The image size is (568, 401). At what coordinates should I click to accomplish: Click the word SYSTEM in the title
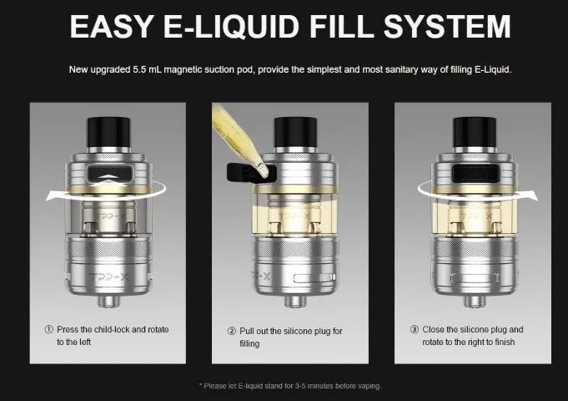coord(447,27)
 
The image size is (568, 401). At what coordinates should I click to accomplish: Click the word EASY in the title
coord(111,27)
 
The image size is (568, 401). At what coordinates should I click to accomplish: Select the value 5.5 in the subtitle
coord(139,69)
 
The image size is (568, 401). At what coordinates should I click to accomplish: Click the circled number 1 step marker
coord(49,329)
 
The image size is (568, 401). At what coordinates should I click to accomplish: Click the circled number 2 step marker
coord(232,331)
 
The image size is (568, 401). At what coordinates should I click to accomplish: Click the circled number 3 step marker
coord(415,329)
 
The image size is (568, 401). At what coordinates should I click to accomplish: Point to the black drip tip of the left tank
coord(108,133)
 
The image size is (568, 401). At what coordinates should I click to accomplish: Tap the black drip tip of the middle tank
coord(295,133)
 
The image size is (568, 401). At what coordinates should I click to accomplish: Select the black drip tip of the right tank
coord(475,133)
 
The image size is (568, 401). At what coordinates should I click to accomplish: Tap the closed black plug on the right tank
coord(475,173)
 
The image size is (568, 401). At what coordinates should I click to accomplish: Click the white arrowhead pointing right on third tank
coord(532,196)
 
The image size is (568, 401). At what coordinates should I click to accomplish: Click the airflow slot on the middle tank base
coord(314,278)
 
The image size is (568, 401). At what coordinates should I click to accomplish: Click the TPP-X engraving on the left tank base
coord(108,277)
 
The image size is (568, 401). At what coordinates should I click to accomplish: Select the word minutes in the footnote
coord(319,386)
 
